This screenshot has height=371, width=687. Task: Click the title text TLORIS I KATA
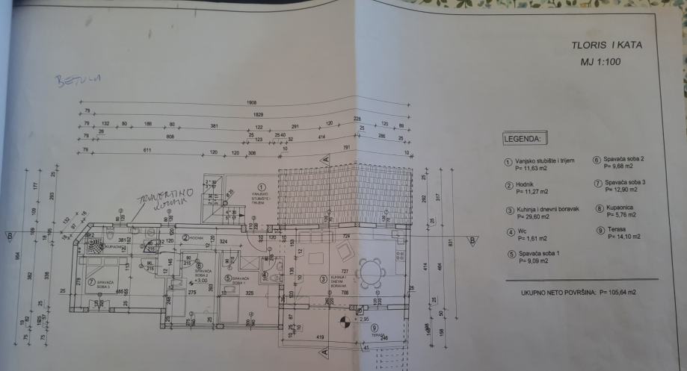point(606,45)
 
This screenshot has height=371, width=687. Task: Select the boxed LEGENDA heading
point(527,138)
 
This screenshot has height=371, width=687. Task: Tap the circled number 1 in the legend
point(508,161)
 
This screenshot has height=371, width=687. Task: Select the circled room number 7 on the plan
point(91,282)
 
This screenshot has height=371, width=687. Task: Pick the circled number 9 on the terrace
point(373,326)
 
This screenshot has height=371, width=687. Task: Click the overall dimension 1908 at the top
point(244,103)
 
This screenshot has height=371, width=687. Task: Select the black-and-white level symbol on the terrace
point(345,322)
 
